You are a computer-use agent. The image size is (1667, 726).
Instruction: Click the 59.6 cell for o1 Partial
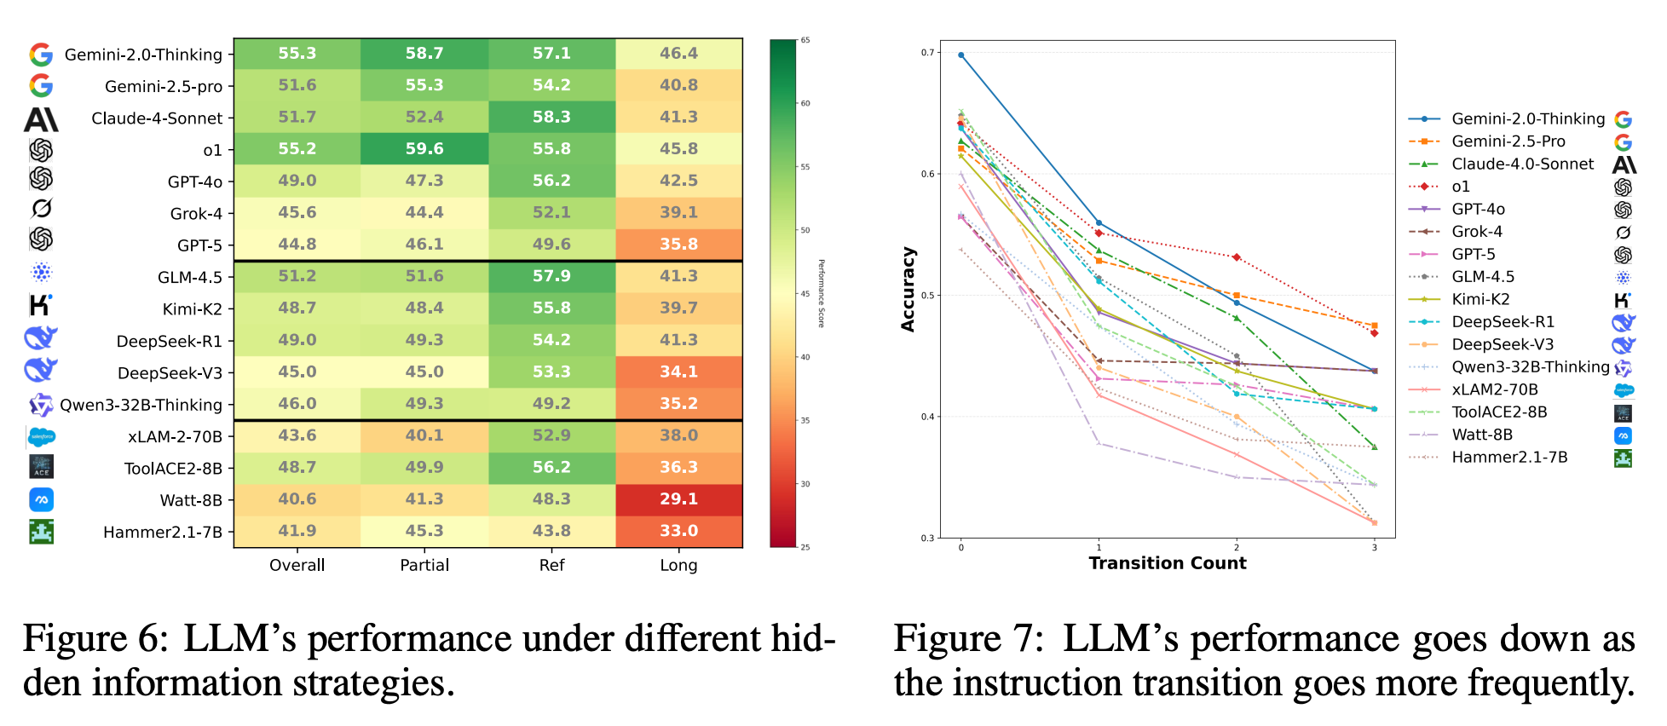tap(424, 148)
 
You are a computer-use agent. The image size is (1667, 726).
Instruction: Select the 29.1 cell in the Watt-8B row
tap(678, 498)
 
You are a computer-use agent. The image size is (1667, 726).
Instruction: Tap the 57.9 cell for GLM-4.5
tap(551, 276)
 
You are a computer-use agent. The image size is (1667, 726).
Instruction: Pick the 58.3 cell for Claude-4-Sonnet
tap(551, 117)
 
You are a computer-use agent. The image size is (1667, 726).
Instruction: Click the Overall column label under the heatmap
tap(297, 565)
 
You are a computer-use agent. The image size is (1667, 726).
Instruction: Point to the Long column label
tap(678, 565)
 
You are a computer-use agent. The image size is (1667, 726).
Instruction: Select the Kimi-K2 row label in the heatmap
tap(192, 309)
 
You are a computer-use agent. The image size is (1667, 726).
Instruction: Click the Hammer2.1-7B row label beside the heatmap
tap(162, 533)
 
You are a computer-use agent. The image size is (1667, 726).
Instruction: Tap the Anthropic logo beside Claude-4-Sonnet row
tap(41, 119)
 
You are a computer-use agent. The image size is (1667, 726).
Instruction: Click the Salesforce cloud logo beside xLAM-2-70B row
tap(41, 437)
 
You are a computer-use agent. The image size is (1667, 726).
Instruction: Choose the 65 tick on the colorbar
tap(805, 40)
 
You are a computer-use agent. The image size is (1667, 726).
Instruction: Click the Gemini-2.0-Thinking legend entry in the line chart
tap(1528, 119)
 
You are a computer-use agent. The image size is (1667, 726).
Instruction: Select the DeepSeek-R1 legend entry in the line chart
tap(1503, 322)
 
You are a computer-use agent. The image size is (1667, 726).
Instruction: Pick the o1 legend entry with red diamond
tap(1460, 187)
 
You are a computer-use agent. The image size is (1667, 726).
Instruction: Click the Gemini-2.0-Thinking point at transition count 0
tap(961, 55)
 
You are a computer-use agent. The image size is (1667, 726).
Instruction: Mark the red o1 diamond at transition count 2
tap(1237, 256)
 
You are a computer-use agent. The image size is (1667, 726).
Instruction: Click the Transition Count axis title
tap(1167, 563)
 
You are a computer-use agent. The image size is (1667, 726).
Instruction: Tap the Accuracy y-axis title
tap(908, 290)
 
